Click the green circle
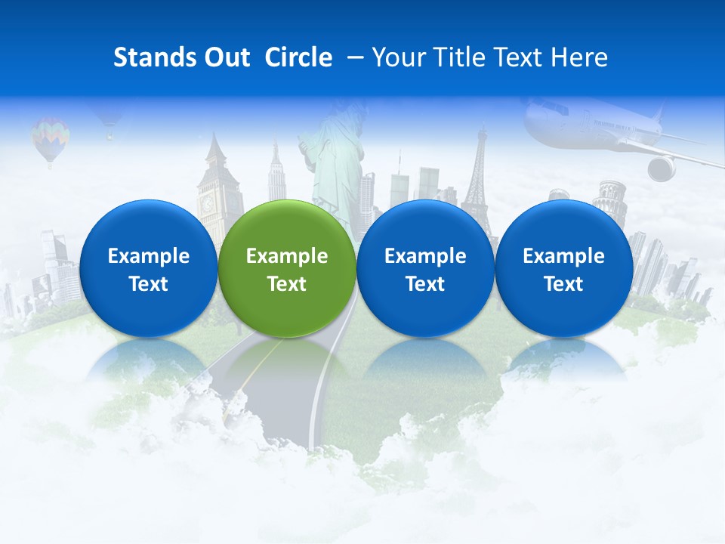[287, 269]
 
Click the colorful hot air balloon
[50, 139]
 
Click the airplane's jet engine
[662, 168]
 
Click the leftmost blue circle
[148, 269]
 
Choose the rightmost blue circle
[563, 269]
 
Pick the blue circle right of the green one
[425, 269]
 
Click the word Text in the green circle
[287, 284]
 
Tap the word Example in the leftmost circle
[148, 256]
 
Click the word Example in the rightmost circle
[563, 256]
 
